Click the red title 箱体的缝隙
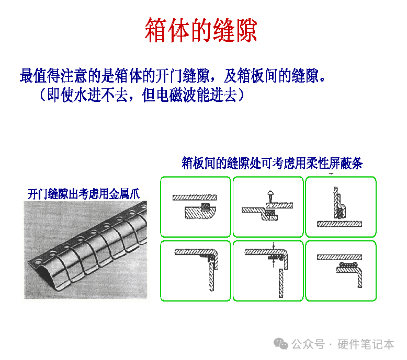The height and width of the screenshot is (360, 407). pos(201,30)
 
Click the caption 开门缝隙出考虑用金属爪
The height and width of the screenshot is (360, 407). pos(84,194)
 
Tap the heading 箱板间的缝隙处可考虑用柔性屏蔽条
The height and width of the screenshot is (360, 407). pos(272,163)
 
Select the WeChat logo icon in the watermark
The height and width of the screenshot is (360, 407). pos(280,344)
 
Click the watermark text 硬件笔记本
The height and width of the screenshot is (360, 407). pos(366,344)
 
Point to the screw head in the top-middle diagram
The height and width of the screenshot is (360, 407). pos(270,193)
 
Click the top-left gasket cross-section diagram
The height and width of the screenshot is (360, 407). pos(196,207)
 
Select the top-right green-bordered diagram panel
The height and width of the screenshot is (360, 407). pos(341,207)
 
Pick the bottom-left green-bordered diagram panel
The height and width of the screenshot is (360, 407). pos(196,271)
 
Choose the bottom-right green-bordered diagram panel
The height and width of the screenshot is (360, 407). pos(341,271)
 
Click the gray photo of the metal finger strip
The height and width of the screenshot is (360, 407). pos(86,250)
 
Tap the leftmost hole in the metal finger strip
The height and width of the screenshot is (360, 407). pos(38,262)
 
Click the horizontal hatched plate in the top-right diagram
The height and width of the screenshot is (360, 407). pos(340,224)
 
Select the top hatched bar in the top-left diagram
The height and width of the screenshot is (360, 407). pos(195,198)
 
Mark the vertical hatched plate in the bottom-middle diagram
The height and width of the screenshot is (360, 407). pos(281,283)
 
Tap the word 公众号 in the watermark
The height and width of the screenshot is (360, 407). pos(308,344)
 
